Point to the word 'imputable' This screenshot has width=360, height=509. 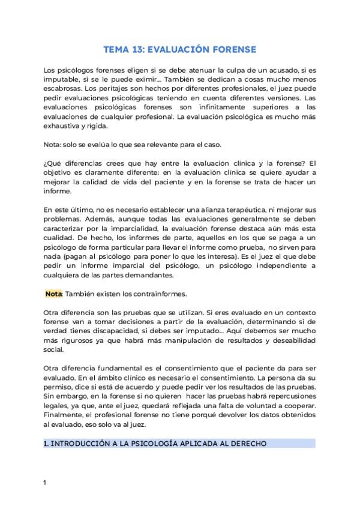coord(61,80)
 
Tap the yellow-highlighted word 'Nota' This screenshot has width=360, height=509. coord(53,294)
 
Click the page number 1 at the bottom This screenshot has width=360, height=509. coord(45,483)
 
